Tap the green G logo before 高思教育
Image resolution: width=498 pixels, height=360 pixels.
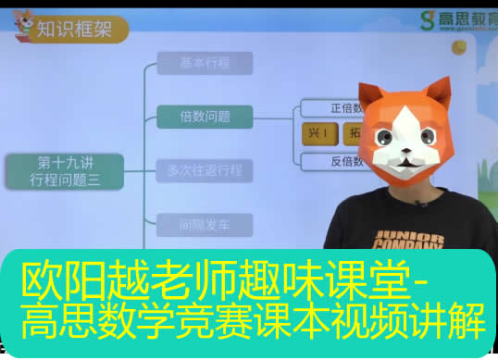click(427, 20)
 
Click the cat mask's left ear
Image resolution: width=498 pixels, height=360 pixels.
click(373, 94)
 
